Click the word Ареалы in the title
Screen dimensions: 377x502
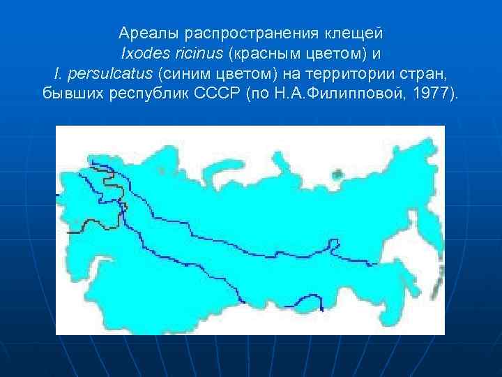[x=143, y=33]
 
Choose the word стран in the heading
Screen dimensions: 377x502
[x=427, y=73]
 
